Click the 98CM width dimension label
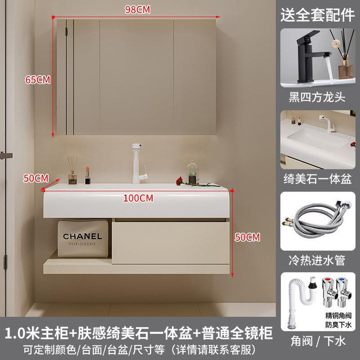coord(137,9)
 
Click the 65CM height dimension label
coord(37,80)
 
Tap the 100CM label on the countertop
coord(138,198)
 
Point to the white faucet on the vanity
coord(139,163)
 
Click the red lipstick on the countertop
coord(87,175)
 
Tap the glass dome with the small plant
coord(192,172)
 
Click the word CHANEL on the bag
coord(82,236)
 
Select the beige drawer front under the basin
coord(171,242)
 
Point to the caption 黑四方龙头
coord(317,97)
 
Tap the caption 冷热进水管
coord(317,260)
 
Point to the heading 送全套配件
coord(317,15)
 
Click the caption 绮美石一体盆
coord(317,179)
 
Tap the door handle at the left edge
coord(5,155)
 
